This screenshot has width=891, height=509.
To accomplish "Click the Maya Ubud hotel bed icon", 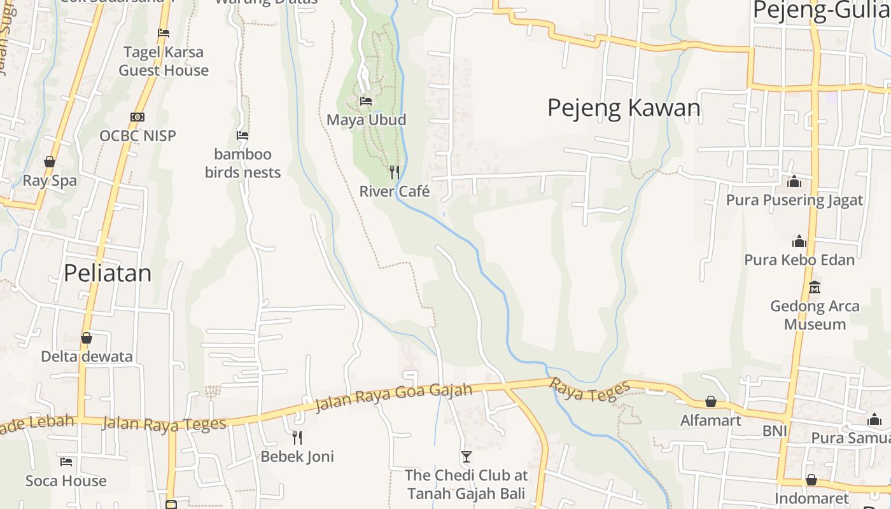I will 365,101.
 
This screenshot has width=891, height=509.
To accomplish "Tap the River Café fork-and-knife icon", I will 395,172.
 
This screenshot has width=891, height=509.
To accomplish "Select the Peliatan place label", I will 108,273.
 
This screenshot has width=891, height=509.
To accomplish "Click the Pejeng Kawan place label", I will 624,108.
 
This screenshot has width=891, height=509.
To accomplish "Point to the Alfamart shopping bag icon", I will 711,401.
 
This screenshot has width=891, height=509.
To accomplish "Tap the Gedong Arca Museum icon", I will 815,287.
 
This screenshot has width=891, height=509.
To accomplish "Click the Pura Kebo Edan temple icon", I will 799,241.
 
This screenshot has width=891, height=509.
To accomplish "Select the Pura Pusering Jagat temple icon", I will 794,181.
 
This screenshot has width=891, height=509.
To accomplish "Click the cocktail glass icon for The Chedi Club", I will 467,456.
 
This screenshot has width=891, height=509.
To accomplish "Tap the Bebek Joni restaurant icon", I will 297,437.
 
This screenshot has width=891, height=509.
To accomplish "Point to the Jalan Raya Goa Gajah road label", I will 394,398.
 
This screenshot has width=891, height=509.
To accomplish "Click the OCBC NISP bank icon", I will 137,116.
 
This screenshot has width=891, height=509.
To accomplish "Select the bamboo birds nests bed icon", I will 242,135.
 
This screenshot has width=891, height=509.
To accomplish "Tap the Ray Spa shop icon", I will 50,162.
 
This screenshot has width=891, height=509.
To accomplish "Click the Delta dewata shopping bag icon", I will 87,337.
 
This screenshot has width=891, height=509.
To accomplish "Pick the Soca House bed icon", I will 66,461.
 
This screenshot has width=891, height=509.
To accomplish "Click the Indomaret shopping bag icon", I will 811,480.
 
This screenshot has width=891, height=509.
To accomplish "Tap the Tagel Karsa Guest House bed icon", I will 164,33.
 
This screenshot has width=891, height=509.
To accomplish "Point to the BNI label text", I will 775,431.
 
